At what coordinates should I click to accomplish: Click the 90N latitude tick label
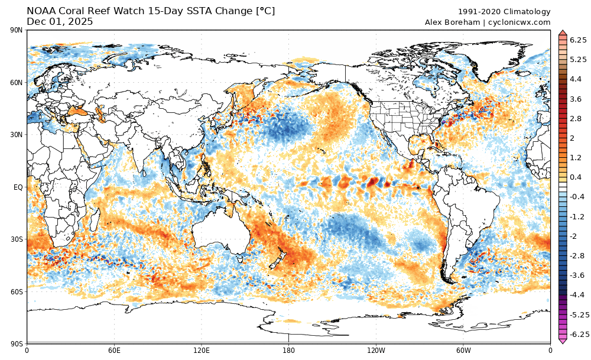tap(16, 30)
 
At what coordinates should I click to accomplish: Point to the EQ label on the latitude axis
tap(18, 187)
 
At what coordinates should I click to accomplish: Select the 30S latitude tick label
tap(16, 239)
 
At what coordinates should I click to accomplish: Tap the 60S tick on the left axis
tap(16, 291)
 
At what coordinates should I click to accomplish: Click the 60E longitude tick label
tap(114, 350)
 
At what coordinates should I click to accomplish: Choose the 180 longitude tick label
tap(288, 350)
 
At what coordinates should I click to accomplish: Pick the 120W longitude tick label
tap(376, 350)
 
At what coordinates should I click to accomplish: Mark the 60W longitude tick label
tap(463, 350)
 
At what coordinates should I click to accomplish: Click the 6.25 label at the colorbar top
tap(577, 40)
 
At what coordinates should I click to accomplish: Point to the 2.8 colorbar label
tap(576, 118)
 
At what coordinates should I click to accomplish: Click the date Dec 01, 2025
tap(60, 22)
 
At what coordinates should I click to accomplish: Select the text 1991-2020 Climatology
tap(504, 12)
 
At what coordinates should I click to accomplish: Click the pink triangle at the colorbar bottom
tap(563, 340)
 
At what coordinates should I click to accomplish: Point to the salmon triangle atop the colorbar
tap(563, 33)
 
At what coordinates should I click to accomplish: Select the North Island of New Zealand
tap(281, 251)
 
